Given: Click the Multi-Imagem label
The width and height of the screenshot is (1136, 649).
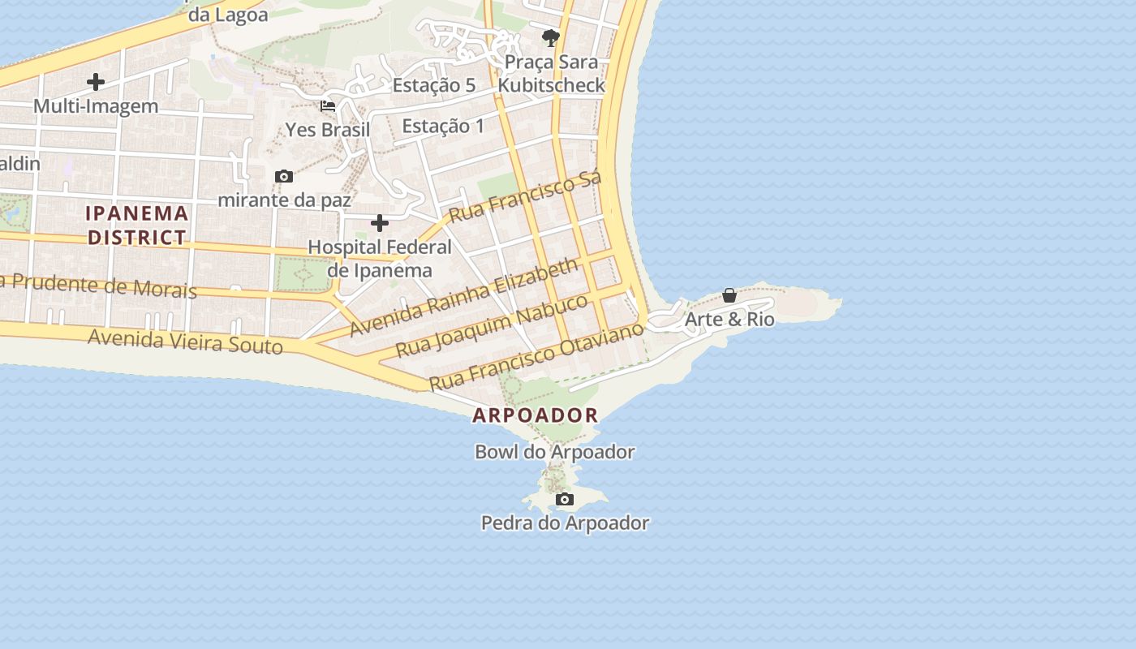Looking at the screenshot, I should (96, 106).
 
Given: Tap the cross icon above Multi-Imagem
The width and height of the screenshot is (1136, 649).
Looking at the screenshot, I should (96, 82).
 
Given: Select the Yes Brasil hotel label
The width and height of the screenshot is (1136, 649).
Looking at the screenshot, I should (327, 130).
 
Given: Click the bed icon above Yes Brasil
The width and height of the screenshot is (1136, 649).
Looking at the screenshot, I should (328, 106).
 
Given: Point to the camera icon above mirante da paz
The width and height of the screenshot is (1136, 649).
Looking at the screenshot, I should (284, 176).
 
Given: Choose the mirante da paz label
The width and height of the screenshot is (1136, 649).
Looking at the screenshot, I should (285, 200).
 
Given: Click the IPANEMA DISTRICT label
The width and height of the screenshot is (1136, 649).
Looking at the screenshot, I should (137, 226).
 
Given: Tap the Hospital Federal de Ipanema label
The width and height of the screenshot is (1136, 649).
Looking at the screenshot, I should (380, 259).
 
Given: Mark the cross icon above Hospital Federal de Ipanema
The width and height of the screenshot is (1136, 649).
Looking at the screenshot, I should (380, 223).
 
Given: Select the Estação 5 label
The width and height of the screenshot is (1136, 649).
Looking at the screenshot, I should (434, 85).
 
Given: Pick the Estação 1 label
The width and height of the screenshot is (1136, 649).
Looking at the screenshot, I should (443, 126).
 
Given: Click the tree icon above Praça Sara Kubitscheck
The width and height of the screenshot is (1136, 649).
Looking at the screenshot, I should (551, 37).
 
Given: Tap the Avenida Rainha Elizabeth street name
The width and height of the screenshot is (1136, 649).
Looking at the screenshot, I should (465, 297).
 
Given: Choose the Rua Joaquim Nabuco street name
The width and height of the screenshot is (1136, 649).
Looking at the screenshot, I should (492, 326).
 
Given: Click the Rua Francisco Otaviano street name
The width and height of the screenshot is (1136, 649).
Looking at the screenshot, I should (536, 355).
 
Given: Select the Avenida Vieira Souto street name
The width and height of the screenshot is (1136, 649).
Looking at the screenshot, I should (185, 342).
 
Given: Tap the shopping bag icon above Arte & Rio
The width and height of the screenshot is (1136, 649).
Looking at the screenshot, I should (729, 295).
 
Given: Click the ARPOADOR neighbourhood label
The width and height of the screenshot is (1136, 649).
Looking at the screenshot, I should (536, 415).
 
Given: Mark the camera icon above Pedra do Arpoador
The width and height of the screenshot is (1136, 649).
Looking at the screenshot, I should (565, 499).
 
